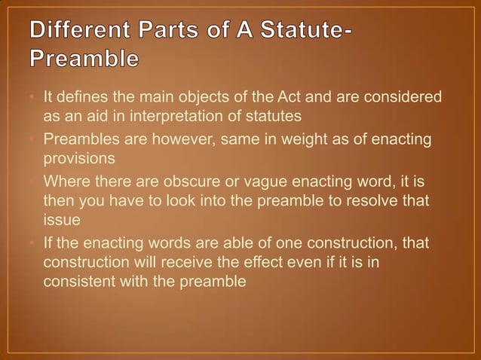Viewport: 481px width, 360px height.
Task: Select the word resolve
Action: pos(362,200)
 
